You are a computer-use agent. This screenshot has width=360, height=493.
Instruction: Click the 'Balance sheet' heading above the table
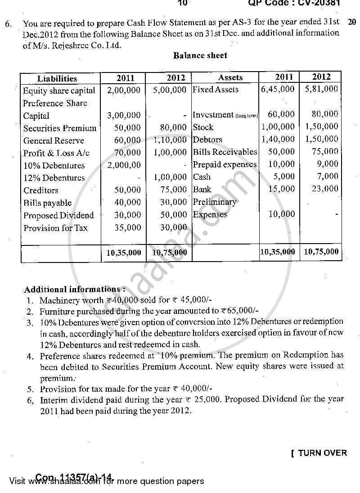point(200,56)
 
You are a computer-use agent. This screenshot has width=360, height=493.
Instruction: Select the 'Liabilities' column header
point(57,78)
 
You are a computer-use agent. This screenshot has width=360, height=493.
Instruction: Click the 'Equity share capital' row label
point(59,90)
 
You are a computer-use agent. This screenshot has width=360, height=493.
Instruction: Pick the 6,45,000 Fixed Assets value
point(278,89)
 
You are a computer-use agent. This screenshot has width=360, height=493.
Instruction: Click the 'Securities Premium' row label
point(60,128)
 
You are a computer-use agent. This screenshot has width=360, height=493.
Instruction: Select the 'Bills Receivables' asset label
point(225,152)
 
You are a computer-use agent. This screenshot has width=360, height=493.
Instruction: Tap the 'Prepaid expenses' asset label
point(225,164)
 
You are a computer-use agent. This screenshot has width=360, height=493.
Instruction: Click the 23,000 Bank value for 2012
point(324,189)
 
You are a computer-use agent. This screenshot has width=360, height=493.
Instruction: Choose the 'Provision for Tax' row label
point(56,228)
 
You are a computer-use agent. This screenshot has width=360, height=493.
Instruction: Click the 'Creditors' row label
point(41,190)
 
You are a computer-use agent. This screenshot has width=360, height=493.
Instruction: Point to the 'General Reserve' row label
point(54,141)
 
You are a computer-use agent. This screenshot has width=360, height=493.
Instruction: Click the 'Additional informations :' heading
point(75,289)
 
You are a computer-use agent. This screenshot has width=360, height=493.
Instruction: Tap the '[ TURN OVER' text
point(319,453)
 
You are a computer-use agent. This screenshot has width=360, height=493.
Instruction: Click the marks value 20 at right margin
point(352,22)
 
